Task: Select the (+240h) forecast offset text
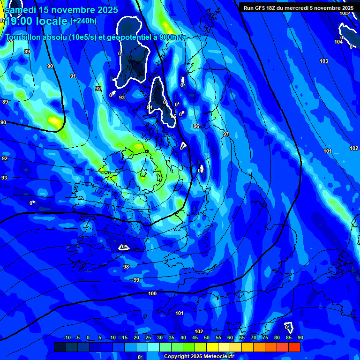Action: [83, 21]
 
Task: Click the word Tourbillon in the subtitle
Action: [23, 37]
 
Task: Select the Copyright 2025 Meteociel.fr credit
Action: [199, 356]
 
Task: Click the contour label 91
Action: [73, 76]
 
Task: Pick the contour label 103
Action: [324, 61]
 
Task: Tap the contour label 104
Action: [338, 42]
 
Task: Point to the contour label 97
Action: [226, 135]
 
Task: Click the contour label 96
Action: [196, 127]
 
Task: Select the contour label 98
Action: [126, 267]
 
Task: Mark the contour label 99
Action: [136, 280]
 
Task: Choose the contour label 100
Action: [152, 294]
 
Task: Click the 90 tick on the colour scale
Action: [300, 337]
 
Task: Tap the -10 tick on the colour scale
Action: [67, 337]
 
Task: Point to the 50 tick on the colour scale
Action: [207, 337]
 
